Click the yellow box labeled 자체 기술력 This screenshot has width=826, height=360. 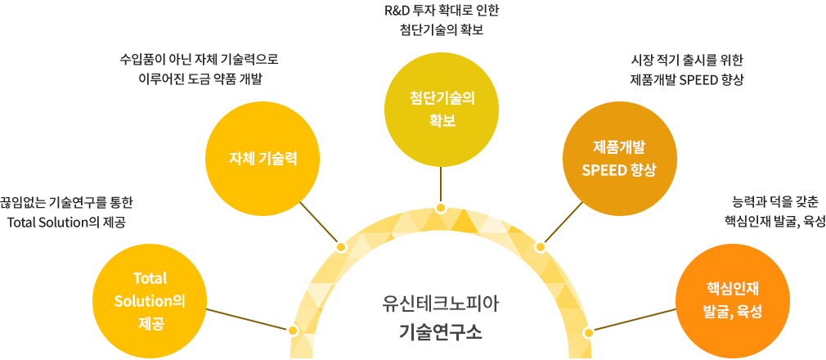coord(262,158)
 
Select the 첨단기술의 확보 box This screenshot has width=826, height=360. coord(441,109)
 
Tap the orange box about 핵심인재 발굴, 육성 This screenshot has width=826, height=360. coord(732,299)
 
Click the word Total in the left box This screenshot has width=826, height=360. coord(149,277)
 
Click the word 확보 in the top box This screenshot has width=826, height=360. coord(442,121)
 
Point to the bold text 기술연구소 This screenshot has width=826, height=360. coord(441,331)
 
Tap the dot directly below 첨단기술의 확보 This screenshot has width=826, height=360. coord(441,208)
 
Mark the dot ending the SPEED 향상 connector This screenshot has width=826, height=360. coord(540,246)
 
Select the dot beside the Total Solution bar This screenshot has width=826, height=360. coord(294,331)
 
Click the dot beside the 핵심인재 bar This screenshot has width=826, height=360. coord(588,332)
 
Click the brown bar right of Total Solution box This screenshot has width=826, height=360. coord(248,320)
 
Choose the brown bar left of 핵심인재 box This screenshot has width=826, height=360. coord(633,320)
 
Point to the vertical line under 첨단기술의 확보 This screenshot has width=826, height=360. coord(441,184)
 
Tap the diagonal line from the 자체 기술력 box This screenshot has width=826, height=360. coord(319,222)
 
